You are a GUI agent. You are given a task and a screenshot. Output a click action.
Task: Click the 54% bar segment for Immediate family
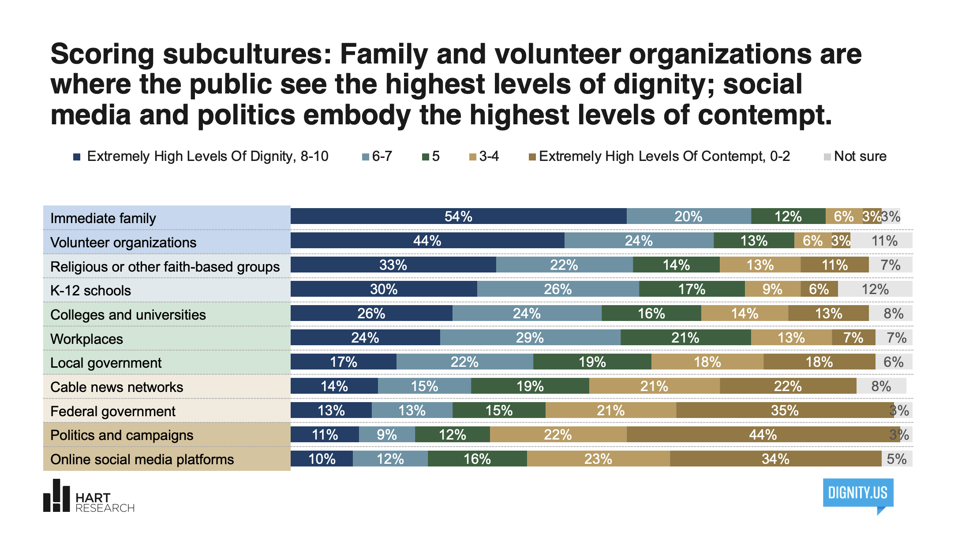(x=458, y=216)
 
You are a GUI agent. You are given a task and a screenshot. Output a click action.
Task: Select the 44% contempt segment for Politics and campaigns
(x=763, y=435)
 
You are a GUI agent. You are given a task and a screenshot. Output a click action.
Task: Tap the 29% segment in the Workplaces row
(x=530, y=338)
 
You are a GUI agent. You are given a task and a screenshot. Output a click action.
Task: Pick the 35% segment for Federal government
(x=785, y=410)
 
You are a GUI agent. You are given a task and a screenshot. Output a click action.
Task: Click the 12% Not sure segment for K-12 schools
(x=875, y=289)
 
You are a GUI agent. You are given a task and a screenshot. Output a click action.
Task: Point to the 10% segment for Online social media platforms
(x=322, y=459)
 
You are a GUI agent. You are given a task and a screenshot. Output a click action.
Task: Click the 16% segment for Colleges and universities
(x=651, y=313)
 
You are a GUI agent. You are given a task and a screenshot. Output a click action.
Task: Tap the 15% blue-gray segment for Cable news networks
(x=424, y=386)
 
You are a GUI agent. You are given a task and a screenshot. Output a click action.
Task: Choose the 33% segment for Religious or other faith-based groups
(x=393, y=265)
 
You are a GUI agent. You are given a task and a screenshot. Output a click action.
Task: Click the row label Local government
(x=106, y=363)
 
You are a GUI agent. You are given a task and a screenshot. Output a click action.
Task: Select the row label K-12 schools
(x=90, y=291)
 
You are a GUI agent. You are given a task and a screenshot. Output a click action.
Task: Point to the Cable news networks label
(x=116, y=387)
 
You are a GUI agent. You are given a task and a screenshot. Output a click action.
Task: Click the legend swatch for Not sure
(x=827, y=157)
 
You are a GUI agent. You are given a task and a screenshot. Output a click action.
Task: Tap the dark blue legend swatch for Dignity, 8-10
(x=77, y=157)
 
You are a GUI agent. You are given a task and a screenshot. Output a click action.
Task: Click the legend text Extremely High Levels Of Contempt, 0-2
(x=664, y=157)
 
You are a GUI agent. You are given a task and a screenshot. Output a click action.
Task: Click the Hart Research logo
(x=88, y=496)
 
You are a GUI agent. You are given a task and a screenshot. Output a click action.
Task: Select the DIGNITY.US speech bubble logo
(x=858, y=494)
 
